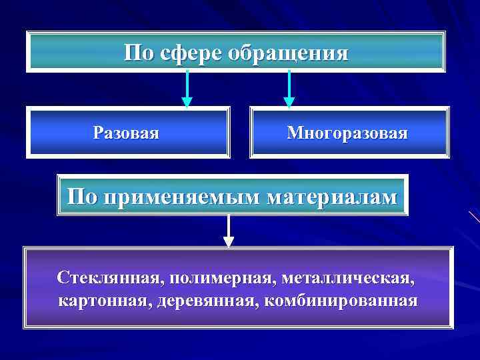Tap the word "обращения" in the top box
click(x=288, y=53)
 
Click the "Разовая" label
click(x=126, y=133)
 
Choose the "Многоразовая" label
click(x=347, y=133)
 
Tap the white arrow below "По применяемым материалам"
click(x=229, y=231)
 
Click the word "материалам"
click(x=332, y=197)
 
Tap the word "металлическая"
click(x=351, y=276)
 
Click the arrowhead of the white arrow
click(x=229, y=241)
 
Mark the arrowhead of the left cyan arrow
click(x=187, y=102)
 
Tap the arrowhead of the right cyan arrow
click(x=289, y=102)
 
